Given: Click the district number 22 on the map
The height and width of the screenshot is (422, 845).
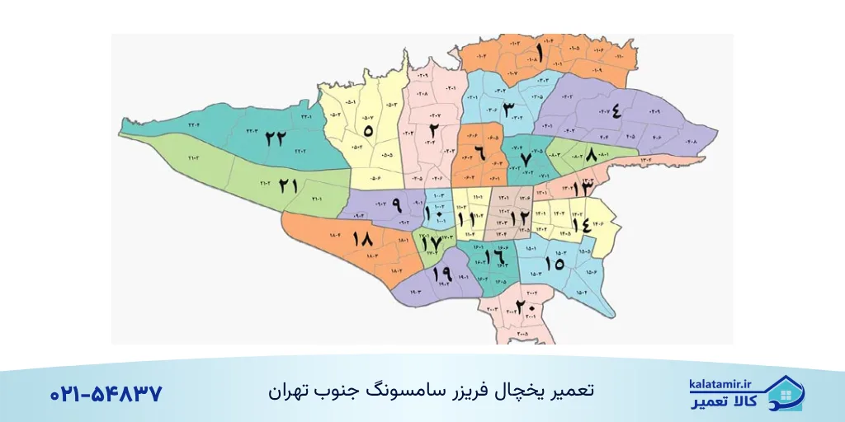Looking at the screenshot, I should pos(276,139).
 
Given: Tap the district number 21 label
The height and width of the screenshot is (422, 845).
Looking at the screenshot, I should pos(287,186).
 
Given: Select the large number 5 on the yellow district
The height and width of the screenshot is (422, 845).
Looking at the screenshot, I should pos(368,130).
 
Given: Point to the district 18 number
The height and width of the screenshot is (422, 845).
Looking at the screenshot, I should pos(363,239).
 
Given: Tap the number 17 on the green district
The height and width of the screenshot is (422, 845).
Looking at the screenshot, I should pos(430,243).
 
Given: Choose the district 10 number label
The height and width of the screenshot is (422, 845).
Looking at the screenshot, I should pos(433,215).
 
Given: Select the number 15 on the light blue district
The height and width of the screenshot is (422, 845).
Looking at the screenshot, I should pos(555,263).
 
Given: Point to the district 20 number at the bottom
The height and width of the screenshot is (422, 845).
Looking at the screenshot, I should pos(526,307).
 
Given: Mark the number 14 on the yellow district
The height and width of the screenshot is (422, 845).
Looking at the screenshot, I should pos(580,223).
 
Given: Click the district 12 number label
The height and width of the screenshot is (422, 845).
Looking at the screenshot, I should pos(518,218).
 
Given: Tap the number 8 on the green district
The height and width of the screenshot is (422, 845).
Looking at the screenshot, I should pos(591,155).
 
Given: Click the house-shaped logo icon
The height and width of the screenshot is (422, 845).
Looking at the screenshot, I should pos(785,393).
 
